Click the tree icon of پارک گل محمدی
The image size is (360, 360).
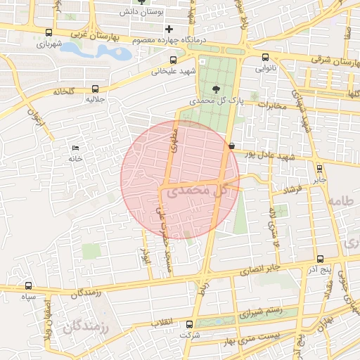(x=216, y=88)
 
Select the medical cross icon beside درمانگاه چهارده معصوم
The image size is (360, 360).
(x=168, y=29)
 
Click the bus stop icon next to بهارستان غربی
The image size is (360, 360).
(x=48, y=32)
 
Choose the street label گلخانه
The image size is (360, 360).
(x=63, y=91)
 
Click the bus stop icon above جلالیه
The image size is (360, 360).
(x=95, y=89)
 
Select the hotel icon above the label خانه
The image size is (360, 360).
(x=75, y=148)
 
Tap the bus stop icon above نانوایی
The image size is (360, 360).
(x=265, y=58)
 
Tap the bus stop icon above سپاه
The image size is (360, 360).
(x=28, y=286)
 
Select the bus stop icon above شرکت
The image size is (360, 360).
(x=189, y=324)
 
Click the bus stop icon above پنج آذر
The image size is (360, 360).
(x=320, y=259)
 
